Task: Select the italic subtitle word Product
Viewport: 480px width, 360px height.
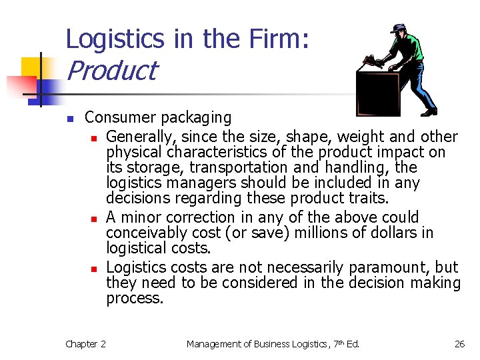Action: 112,71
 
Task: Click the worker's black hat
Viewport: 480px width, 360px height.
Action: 398,29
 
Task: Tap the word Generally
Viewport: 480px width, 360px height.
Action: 142,137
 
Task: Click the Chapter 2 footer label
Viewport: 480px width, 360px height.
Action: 85,344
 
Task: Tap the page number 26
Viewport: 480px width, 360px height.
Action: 459,344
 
